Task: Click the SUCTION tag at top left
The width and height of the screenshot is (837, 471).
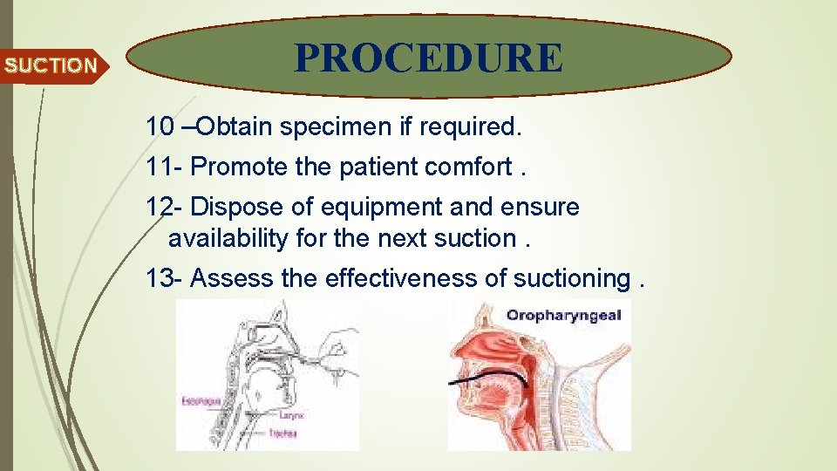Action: point(51,65)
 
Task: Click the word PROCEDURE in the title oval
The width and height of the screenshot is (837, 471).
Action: point(429,58)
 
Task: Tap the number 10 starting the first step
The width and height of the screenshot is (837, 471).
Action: point(160,126)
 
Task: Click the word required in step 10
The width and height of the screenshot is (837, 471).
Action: point(469,127)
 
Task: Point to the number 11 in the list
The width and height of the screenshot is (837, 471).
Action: point(160,167)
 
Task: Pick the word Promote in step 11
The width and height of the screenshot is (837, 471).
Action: point(238,167)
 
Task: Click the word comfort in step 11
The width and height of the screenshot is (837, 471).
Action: point(470,167)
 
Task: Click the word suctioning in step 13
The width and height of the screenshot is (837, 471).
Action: point(571,279)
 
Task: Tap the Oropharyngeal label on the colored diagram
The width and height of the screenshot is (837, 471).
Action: point(563,315)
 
